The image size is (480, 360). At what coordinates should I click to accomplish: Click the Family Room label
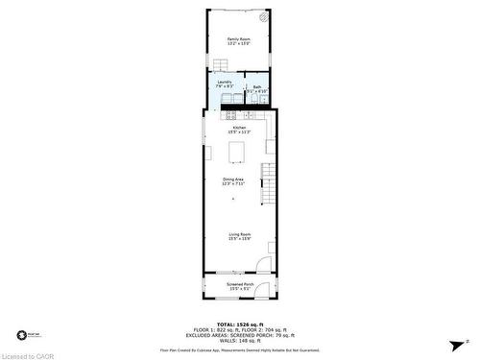pyautogui.click(x=239, y=40)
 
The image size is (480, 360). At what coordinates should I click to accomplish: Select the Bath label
pyautogui.click(x=256, y=89)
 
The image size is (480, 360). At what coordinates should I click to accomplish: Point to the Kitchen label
pyautogui.click(x=239, y=131)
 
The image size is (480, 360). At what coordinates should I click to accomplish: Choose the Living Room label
pyautogui.click(x=239, y=236)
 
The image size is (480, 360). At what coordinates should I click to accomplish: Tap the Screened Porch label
pyautogui.click(x=239, y=286)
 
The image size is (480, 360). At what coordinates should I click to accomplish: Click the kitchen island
pyautogui.click(x=236, y=152)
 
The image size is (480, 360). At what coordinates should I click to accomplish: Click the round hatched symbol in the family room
pyautogui.click(x=264, y=18)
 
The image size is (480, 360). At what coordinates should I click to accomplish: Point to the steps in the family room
pyautogui.click(x=220, y=63)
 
